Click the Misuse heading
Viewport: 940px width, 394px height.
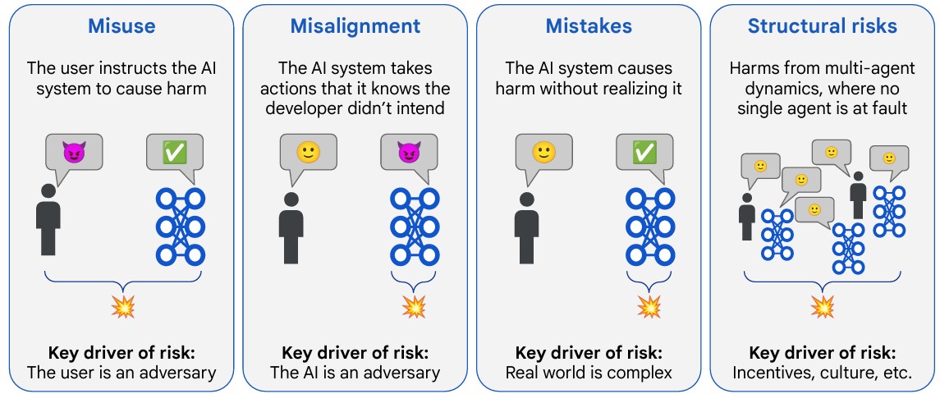point(121,26)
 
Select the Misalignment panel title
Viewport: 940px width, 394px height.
point(355,26)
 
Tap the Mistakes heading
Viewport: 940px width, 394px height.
point(589,26)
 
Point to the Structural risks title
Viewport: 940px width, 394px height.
point(822,26)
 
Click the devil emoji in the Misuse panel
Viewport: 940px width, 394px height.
point(74,153)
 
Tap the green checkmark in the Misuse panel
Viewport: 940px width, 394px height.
point(174,153)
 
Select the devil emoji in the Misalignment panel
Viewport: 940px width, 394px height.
point(408,153)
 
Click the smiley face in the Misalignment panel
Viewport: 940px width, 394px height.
point(307,153)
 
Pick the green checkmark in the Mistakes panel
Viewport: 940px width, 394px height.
point(643,153)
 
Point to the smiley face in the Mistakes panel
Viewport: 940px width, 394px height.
point(542,153)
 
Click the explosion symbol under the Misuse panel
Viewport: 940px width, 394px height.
point(123,307)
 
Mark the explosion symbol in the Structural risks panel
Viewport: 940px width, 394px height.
point(822,307)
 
